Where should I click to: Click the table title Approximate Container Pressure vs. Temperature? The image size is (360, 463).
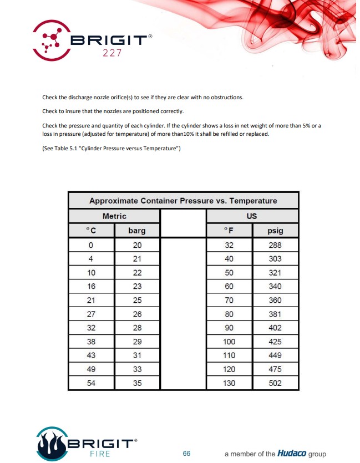183,201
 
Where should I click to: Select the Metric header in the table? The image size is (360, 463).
114,216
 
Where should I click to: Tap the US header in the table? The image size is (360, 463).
252,216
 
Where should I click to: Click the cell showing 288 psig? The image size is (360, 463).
275,245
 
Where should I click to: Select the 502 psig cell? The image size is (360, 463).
275,383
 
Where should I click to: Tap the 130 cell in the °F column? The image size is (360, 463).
229,383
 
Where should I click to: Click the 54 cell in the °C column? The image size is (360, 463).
91,383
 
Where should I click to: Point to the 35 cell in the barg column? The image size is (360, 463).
137,383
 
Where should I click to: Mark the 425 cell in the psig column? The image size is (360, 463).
275,342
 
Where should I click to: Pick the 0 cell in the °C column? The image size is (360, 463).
91,245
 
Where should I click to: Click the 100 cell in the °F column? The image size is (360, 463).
229,342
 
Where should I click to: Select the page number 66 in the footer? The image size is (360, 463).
187,454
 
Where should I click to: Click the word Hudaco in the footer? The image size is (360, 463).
292,454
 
